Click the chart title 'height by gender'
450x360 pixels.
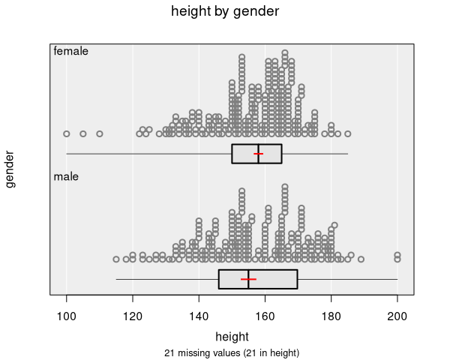pos(225,11)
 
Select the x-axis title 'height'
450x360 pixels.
pos(232,336)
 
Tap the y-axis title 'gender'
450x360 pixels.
pos(10,169)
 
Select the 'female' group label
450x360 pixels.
pos(71,52)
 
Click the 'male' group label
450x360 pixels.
pos(66,177)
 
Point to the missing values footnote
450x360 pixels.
pos(232,352)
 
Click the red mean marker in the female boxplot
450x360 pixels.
pos(259,153)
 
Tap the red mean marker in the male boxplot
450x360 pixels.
pos(248,279)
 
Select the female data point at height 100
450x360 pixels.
pos(67,133)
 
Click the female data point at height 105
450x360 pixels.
pos(83,133)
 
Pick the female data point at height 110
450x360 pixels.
pos(100,133)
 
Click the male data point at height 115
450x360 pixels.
pos(116,259)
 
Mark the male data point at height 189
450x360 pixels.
pos(361,259)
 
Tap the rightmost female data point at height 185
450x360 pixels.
pos(348,133)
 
